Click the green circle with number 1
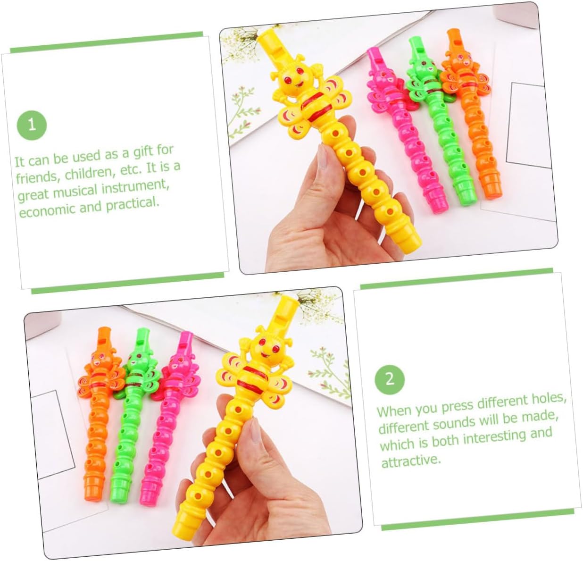pyautogui.click(x=32, y=125)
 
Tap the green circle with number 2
pyautogui.click(x=390, y=380)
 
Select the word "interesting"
pyautogui.click(x=494, y=438)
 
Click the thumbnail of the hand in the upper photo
pyautogui.click(x=322, y=157)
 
